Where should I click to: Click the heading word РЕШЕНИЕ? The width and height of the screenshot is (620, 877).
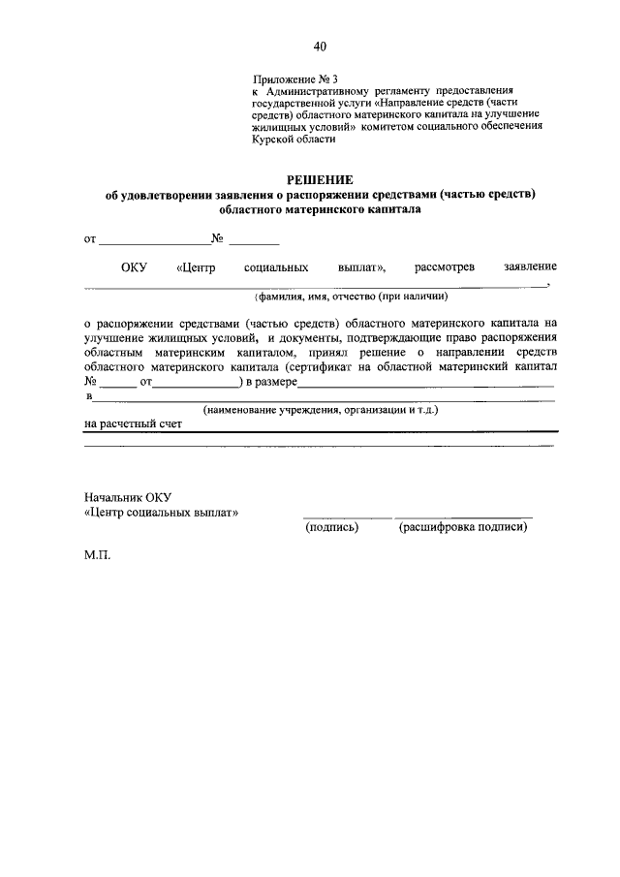click(320, 179)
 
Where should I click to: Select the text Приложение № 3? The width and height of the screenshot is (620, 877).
click(297, 76)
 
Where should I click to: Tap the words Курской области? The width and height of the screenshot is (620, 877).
click(294, 139)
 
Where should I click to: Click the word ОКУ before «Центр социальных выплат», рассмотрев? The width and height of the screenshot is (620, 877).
click(133, 266)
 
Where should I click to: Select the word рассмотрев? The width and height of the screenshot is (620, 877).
click(445, 266)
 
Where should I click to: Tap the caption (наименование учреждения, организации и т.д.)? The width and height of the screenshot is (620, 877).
click(321, 410)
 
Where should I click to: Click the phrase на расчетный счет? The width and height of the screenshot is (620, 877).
click(127, 423)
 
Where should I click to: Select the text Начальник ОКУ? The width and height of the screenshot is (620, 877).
click(127, 496)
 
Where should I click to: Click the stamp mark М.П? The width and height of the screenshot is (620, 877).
click(98, 559)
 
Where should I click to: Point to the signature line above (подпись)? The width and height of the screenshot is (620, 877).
click(347, 515)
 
